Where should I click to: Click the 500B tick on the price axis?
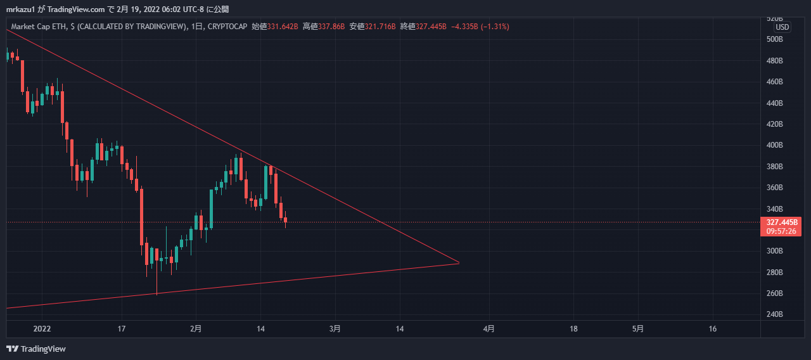774,39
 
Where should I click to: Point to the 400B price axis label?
774,145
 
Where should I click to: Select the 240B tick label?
774,314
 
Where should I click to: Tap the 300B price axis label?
774,251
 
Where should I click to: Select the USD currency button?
782,27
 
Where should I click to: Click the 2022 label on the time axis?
42,329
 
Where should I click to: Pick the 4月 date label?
489,329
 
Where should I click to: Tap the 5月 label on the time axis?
639,329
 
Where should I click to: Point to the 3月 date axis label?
335,329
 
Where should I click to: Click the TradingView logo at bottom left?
36,349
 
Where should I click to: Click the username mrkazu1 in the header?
21,10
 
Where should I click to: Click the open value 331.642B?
282,27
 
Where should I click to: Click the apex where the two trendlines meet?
459,262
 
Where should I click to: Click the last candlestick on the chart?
286,221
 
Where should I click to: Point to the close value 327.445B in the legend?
430,27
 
